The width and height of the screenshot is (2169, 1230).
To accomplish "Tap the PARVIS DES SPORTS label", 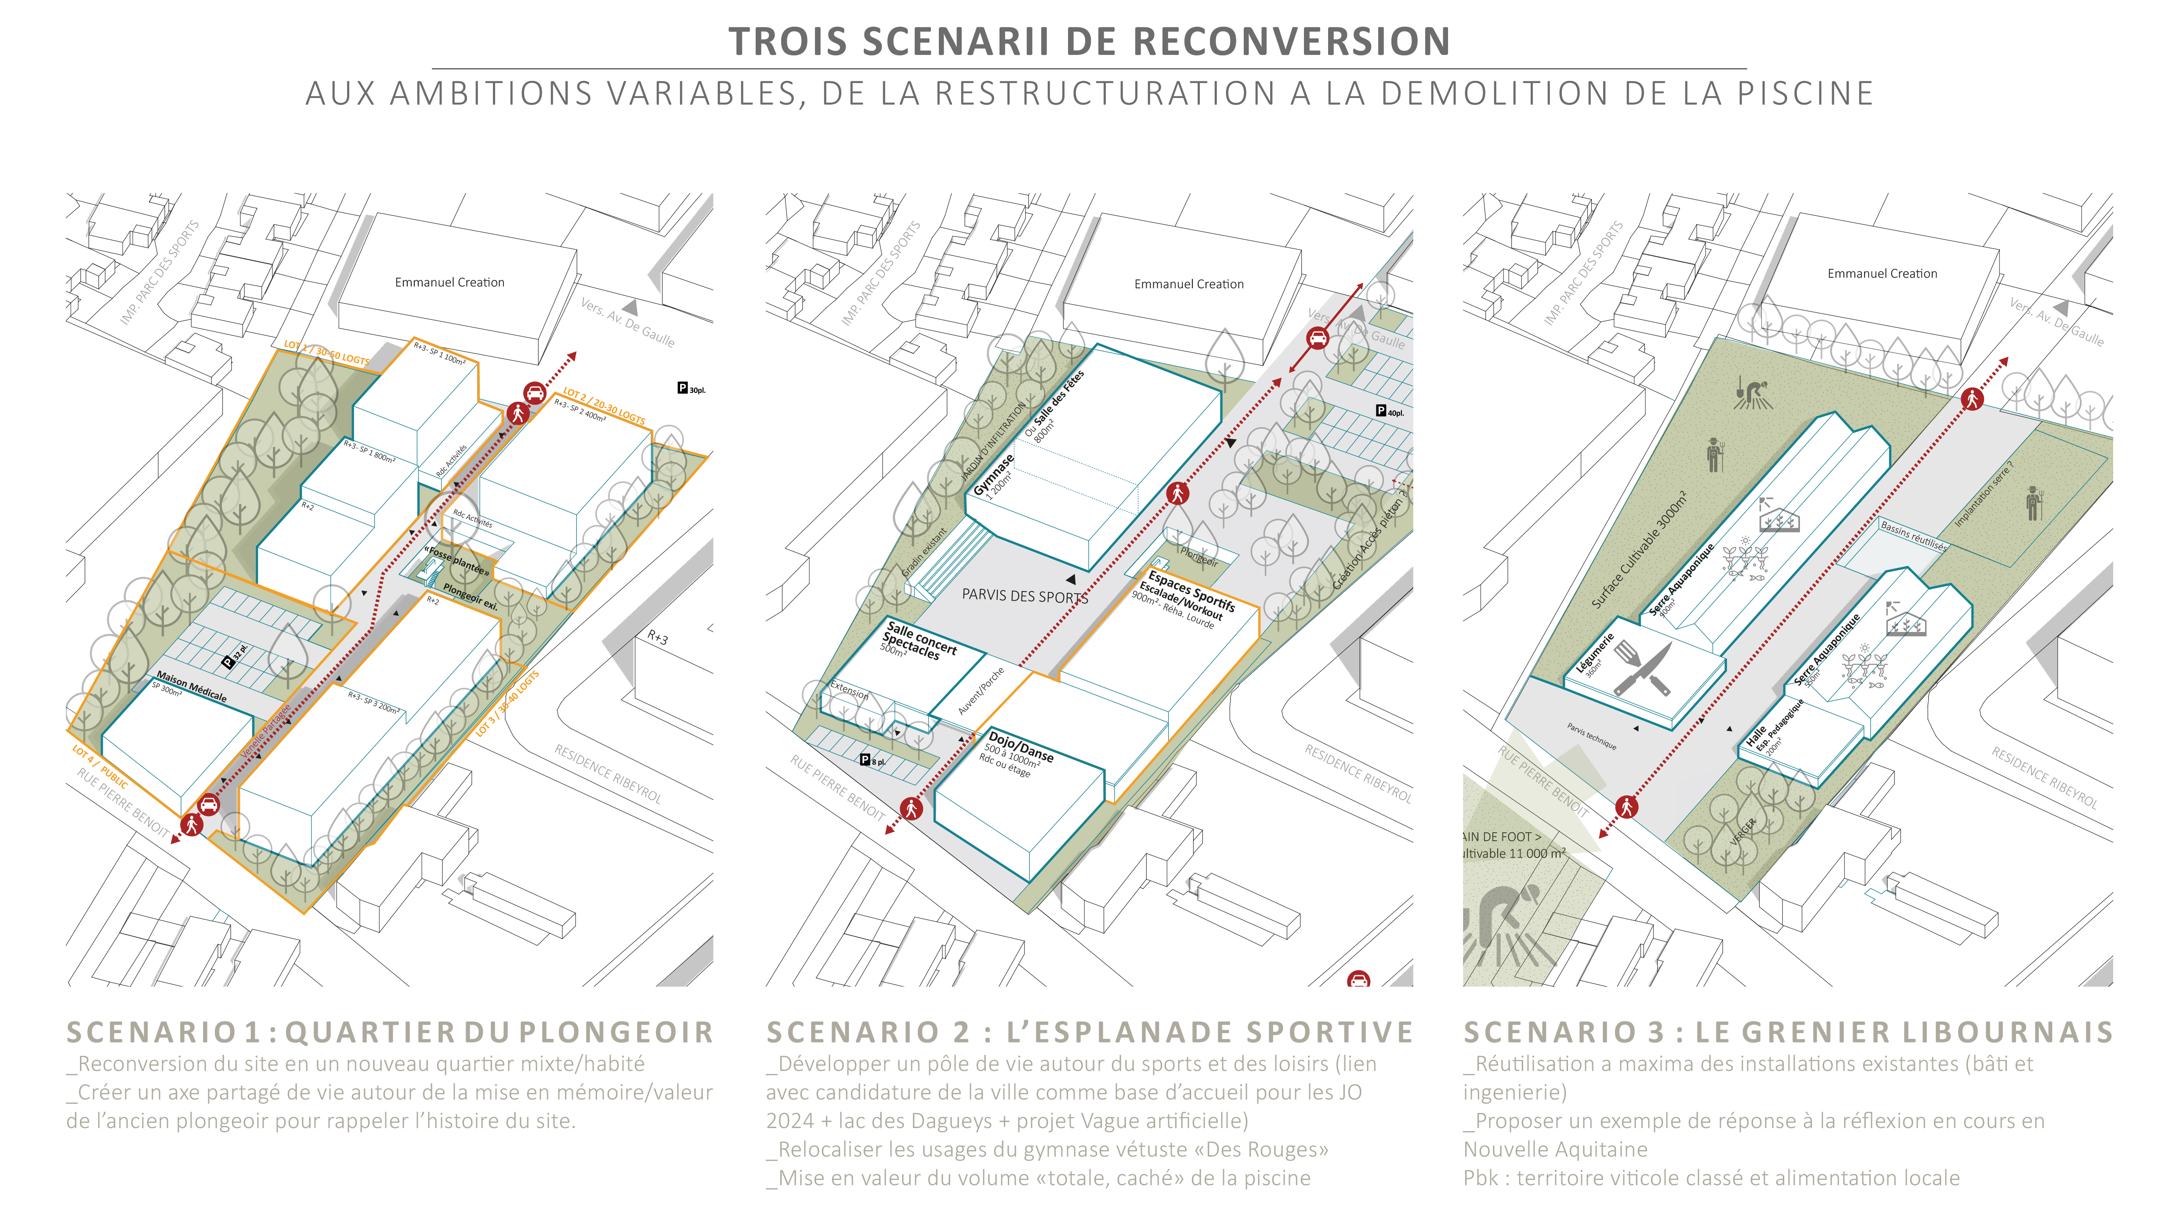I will [1024, 595].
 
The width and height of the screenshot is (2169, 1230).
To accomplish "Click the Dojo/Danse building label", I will [1021, 747].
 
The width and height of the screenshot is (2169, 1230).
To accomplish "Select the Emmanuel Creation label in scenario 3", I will [1882, 274].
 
